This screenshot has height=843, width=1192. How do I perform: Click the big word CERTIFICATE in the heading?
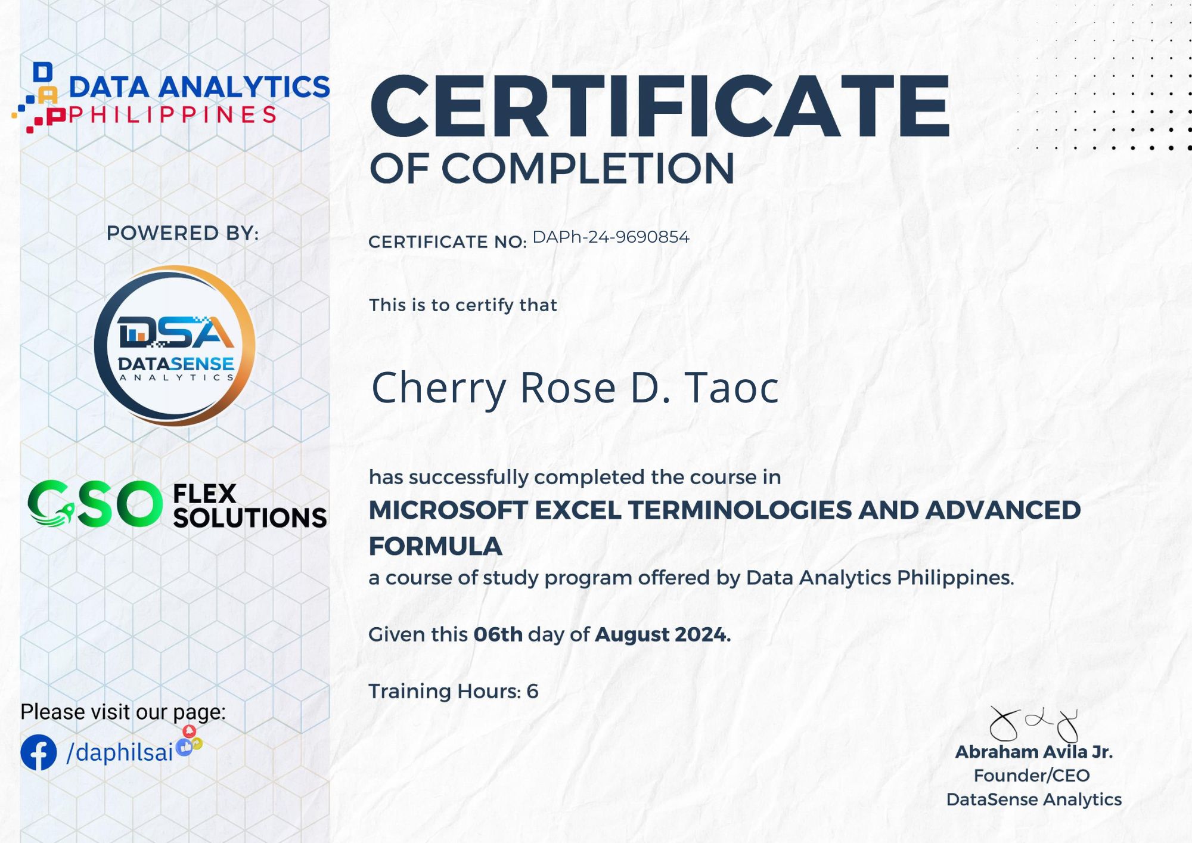660,107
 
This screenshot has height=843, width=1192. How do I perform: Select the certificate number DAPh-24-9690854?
611,237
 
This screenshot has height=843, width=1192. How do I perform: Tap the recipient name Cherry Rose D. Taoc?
575,388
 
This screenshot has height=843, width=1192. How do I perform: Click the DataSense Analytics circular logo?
175,346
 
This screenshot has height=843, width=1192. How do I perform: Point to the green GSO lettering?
95,504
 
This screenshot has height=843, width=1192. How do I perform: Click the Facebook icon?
39,752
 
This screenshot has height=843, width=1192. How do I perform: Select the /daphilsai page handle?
120,753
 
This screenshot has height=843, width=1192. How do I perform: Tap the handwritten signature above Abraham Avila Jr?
1034,724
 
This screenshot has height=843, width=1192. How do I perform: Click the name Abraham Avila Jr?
1034,752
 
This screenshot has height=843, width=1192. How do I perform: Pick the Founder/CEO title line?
1032,776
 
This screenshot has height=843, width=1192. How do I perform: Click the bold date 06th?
498,634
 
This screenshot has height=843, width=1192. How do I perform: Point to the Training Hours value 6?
532,691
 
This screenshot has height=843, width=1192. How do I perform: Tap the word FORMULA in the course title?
436,547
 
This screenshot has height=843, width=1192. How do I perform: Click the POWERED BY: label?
182,233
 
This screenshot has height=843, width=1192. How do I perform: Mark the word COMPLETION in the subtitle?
588,169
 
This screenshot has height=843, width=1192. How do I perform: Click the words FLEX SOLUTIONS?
250,506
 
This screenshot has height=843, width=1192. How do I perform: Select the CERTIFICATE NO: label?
448,242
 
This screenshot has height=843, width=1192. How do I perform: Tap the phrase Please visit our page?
123,712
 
